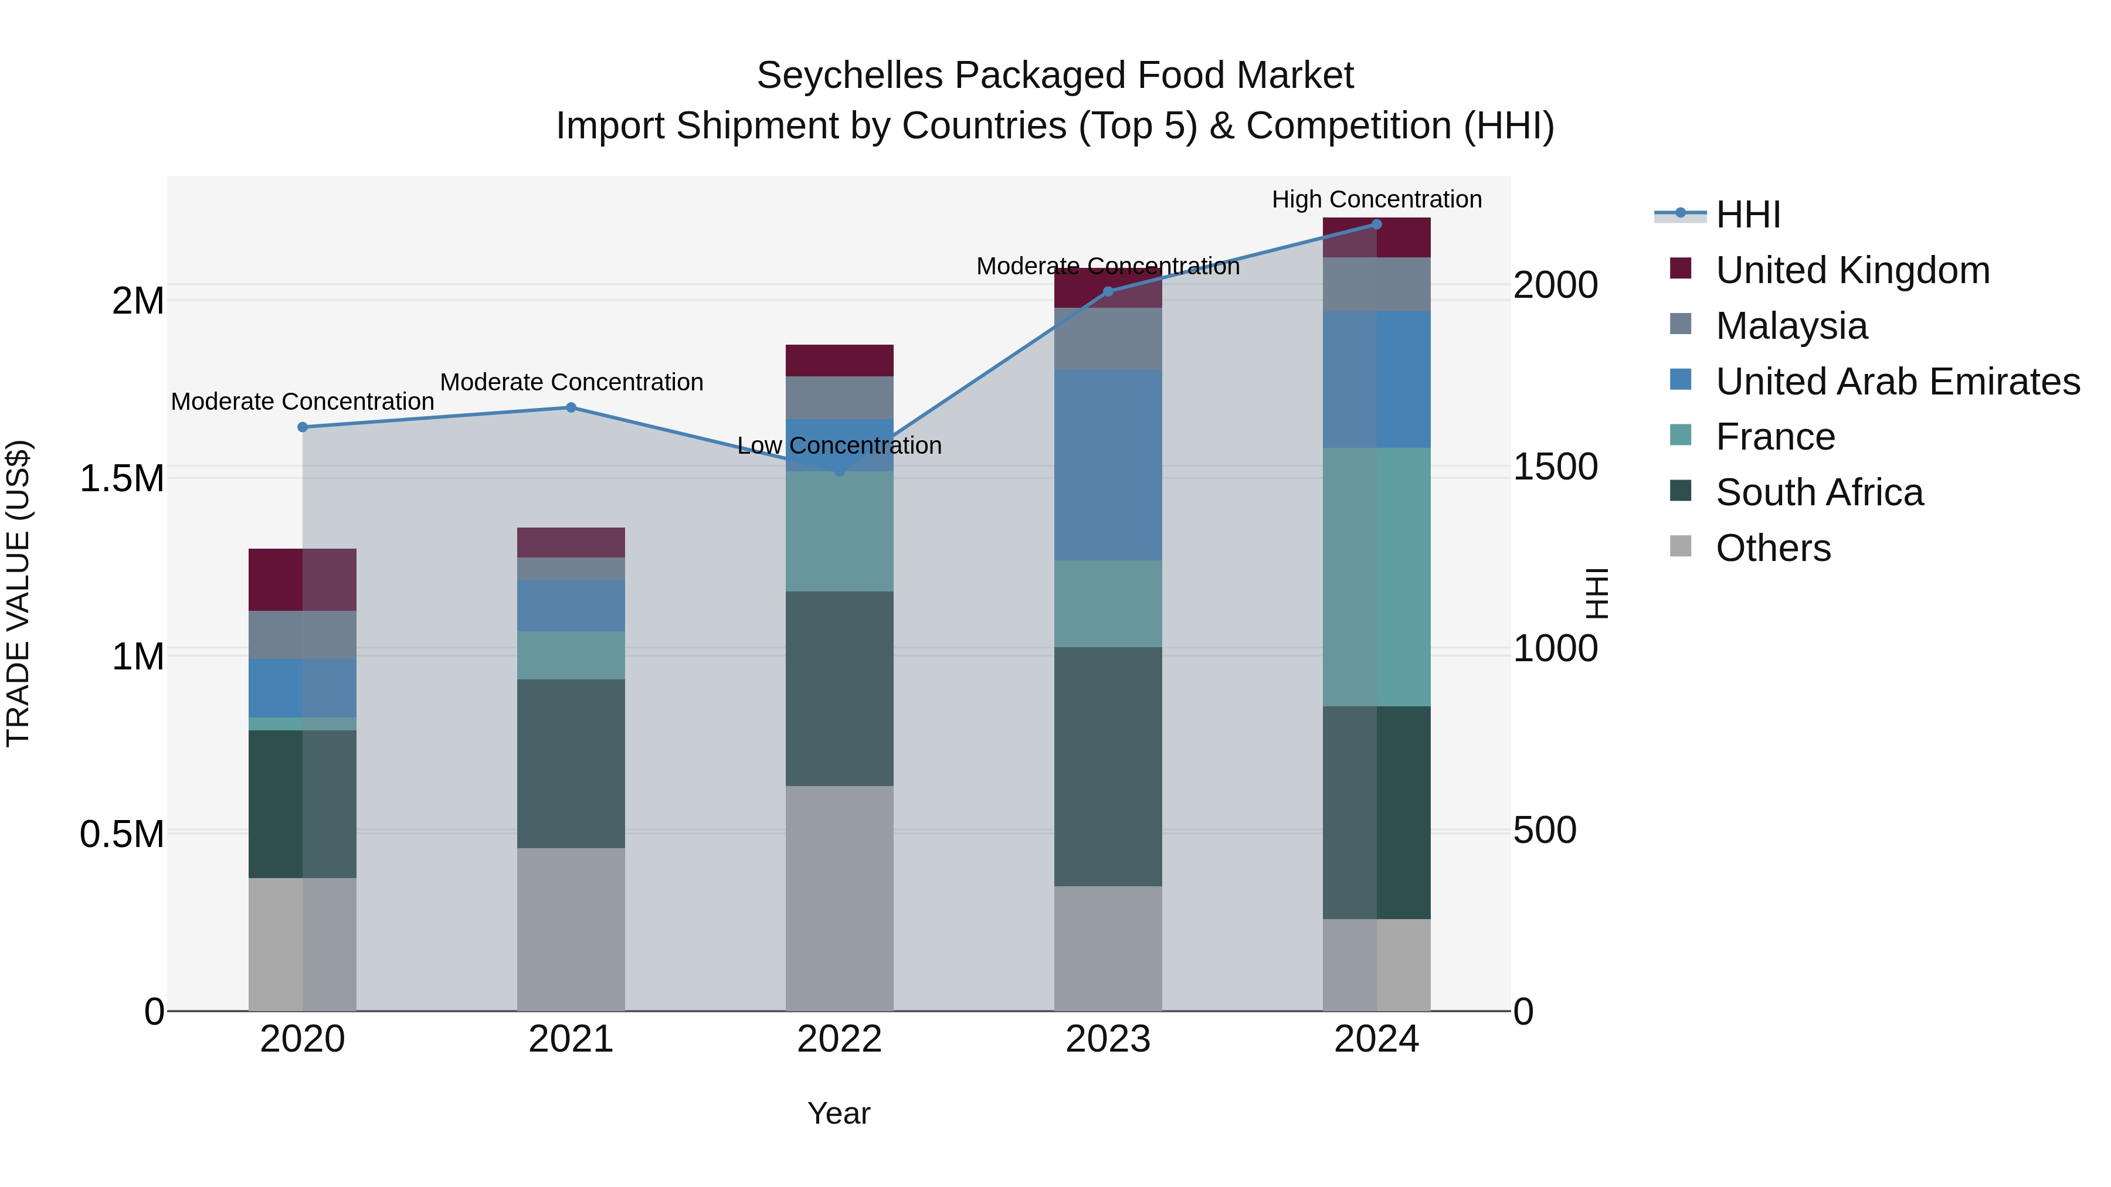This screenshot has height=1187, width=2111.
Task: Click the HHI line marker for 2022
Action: [x=839, y=471]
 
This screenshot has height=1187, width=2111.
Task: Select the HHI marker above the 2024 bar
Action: [x=1377, y=225]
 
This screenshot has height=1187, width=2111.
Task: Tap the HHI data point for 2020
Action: [x=303, y=427]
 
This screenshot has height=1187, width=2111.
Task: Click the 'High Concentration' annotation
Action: [x=1377, y=199]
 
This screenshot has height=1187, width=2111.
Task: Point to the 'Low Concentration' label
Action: [x=839, y=445]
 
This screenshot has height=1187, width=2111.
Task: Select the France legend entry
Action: [x=1775, y=437]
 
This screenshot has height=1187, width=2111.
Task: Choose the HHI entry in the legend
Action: [x=1747, y=215]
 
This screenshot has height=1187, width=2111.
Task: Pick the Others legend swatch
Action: [x=1680, y=546]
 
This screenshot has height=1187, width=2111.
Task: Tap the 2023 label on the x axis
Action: [x=1108, y=1039]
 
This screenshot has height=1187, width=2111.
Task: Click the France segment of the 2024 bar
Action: [x=1377, y=577]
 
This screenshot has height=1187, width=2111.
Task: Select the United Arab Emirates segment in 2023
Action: [x=1108, y=465]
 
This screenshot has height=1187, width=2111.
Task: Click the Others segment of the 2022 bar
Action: [x=839, y=898]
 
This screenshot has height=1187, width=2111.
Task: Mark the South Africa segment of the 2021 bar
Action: [x=571, y=763]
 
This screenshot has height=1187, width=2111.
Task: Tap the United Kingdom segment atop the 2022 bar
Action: [x=839, y=360]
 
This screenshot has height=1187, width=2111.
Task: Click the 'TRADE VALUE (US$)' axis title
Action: [x=18, y=593]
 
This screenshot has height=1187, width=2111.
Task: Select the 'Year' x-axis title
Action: [x=839, y=1113]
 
